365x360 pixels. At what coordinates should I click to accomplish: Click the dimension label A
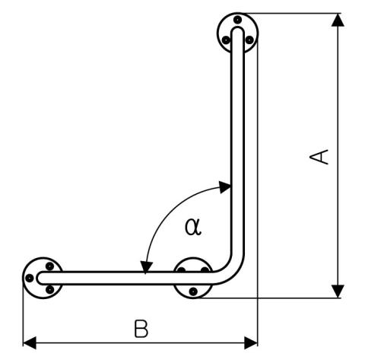tap(319, 157)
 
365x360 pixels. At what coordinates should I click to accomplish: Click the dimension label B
tap(141, 329)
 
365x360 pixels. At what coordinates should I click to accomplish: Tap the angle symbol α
tap(193, 227)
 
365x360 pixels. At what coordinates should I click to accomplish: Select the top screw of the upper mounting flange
tap(237, 20)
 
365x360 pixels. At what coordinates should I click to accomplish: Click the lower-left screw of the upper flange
tap(226, 40)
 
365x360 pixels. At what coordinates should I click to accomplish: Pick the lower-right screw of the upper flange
tap(249, 40)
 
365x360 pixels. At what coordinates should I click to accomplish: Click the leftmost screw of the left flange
tap(30, 278)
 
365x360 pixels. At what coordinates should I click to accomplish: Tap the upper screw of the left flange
tap(49, 266)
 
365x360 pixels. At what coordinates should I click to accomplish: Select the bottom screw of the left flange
tap(50, 289)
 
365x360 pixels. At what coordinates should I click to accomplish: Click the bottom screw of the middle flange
tap(193, 292)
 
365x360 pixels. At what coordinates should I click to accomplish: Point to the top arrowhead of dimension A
tap(338, 20)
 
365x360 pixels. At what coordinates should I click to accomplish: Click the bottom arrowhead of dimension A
tap(338, 292)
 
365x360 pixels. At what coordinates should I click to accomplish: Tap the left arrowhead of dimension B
tap(30, 342)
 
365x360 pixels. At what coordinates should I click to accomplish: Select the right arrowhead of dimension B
tap(251, 342)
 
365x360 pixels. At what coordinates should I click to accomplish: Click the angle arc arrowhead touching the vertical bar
tap(224, 187)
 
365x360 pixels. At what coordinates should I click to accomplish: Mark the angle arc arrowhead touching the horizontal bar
tap(147, 267)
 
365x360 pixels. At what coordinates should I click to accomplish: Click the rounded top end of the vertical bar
tap(238, 28)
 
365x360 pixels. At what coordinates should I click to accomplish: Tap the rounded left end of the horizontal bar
tap(39, 278)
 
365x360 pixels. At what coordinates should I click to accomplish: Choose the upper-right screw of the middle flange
tap(205, 269)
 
